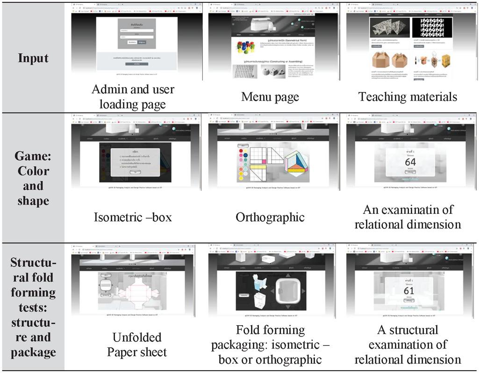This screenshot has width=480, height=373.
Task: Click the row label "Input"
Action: pyautogui.click(x=33, y=58)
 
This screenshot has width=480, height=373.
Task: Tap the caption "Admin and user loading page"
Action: pyautogui.click(x=133, y=96)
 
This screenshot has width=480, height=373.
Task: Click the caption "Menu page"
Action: pyautogui.click(x=270, y=97)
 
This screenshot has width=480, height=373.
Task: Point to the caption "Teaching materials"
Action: pyautogui.click(x=408, y=97)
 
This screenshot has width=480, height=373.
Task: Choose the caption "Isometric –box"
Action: pyautogui.click(x=133, y=217)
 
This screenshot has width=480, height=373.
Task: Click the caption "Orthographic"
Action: pyautogui.click(x=270, y=217)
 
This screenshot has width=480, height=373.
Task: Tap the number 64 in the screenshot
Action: pyautogui.click(x=410, y=162)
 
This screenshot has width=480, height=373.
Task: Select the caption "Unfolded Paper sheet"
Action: pyautogui.click(x=136, y=344)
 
